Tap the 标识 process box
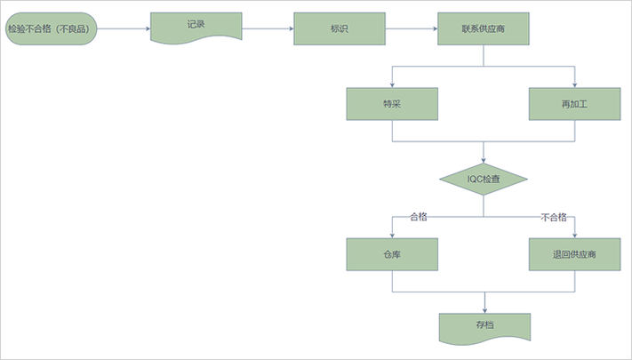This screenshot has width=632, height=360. pyautogui.click(x=339, y=28)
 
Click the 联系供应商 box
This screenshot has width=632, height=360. pyautogui.click(x=484, y=28)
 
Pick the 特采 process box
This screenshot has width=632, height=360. pyautogui.click(x=392, y=104)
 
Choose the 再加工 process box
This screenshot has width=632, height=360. pyautogui.click(x=574, y=104)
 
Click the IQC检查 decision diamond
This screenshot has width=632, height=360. pyautogui.click(x=484, y=180)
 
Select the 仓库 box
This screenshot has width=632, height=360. pyautogui.click(x=392, y=255)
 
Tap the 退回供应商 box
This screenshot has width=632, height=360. pyautogui.click(x=574, y=255)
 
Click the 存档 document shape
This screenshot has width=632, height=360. pyautogui.click(x=484, y=327)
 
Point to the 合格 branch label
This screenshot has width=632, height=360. pyautogui.click(x=418, y=217)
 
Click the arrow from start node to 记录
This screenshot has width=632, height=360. pyautogui.click(x=124, y=28)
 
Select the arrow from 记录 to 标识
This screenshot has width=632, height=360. pyautogui.click(x=268, y=28)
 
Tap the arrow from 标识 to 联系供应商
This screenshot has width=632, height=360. pyautogui.click(x=411, y=28)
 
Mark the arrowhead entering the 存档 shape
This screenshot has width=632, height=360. pyautogui.click(x=484, y=308)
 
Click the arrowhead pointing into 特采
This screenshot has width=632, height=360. pyautogui.click(x=392, y=84)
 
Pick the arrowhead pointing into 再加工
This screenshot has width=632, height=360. pyautogui.click(x=574, y=84)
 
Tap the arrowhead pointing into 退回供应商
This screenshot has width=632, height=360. pyautogui.click(x=574, y=236)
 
